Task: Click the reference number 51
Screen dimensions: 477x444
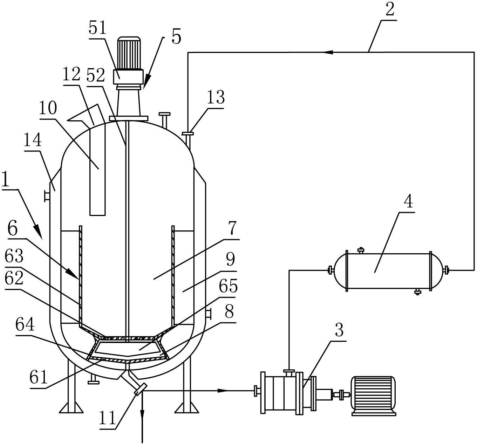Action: [x=97, y=28]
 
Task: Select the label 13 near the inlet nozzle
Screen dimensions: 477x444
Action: [x=216, y=97]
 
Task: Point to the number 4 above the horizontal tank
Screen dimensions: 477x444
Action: [x=408, y=201]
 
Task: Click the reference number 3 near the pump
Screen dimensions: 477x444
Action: [x=339, y=330]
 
